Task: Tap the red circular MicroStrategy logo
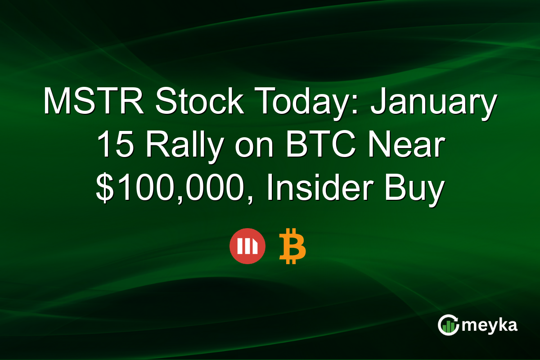point(247,246)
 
